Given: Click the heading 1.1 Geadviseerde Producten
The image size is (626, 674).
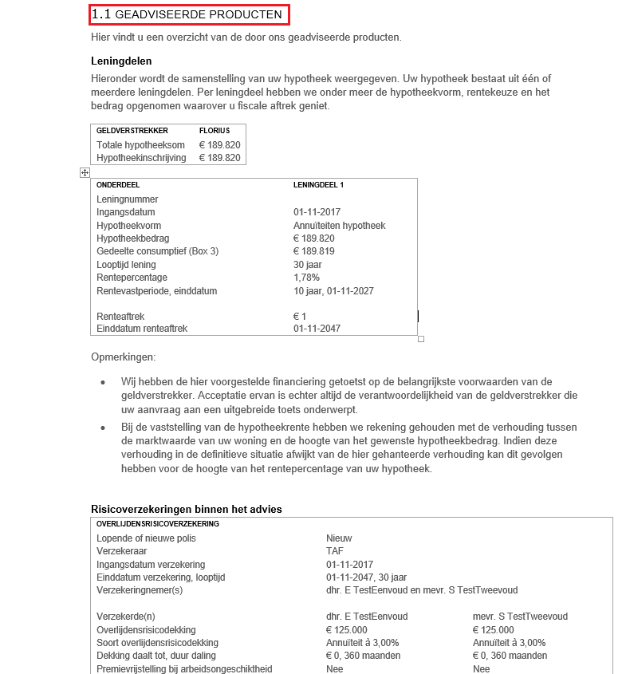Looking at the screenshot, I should click(187, 14).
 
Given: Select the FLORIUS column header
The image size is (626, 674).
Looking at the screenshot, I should click(215, 130).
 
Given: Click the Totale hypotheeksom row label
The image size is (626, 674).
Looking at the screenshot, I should click(140, 145).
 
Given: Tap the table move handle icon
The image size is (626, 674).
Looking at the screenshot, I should click(85, 172).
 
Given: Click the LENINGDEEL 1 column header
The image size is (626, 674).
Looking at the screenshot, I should click(318, 185).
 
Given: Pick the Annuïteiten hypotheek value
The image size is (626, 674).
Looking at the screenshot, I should click(339, 226).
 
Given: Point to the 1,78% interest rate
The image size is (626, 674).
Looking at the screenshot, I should click(306, 278).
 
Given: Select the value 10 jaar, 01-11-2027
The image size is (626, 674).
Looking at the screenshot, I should click(333, 291).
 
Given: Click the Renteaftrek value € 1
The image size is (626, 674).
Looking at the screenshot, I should click(300, 317).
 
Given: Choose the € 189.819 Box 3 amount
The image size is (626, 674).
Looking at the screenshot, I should click(314, 251).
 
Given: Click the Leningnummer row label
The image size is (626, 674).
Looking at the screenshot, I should click(128, 199).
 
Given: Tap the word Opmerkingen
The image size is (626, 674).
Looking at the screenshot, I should click(124, 357).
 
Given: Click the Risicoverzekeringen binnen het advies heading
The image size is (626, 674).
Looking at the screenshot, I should click(187, 509).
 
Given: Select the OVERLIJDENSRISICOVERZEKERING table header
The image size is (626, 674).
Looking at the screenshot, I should click(158, 524).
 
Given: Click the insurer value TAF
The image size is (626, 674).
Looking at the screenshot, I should click(335, 551).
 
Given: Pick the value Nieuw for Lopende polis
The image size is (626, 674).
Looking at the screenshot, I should click(339, 538).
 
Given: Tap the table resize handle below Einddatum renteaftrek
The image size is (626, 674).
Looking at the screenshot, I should click(421, 339).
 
